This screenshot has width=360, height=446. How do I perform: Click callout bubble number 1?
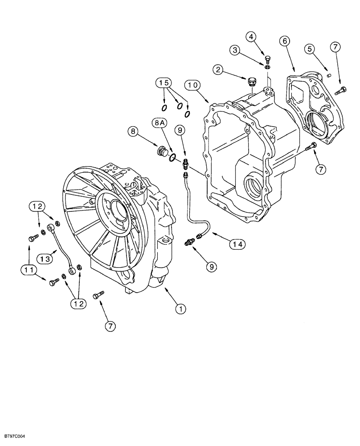coord(180,308)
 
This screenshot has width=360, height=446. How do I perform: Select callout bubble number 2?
coord(218,69)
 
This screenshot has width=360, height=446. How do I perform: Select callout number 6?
coord(285,41)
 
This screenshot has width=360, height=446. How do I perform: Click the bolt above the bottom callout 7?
coord(99,295)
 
